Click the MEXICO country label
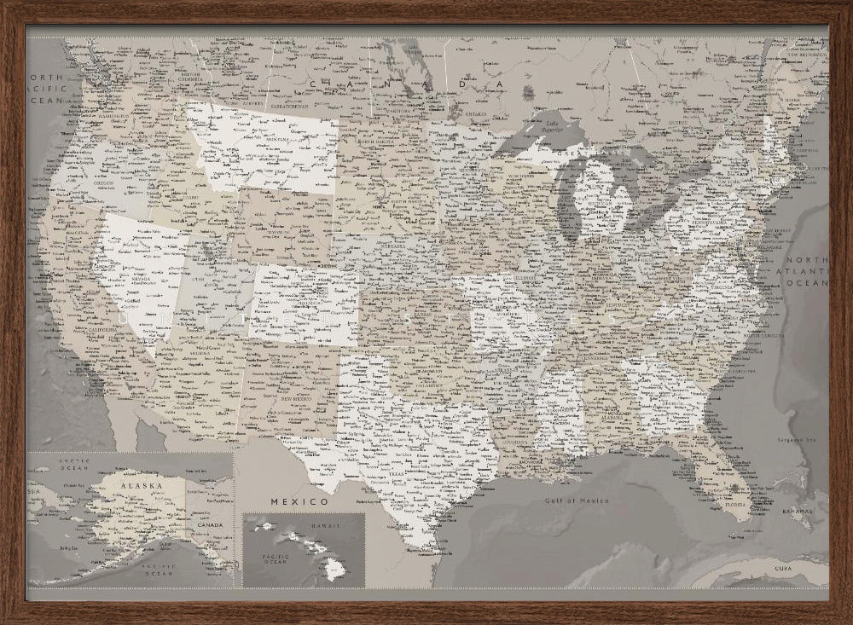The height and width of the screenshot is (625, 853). coord(294,501)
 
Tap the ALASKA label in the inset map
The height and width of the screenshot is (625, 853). coord(140,485)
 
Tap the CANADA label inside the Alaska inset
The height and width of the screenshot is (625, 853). coord(211,526)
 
